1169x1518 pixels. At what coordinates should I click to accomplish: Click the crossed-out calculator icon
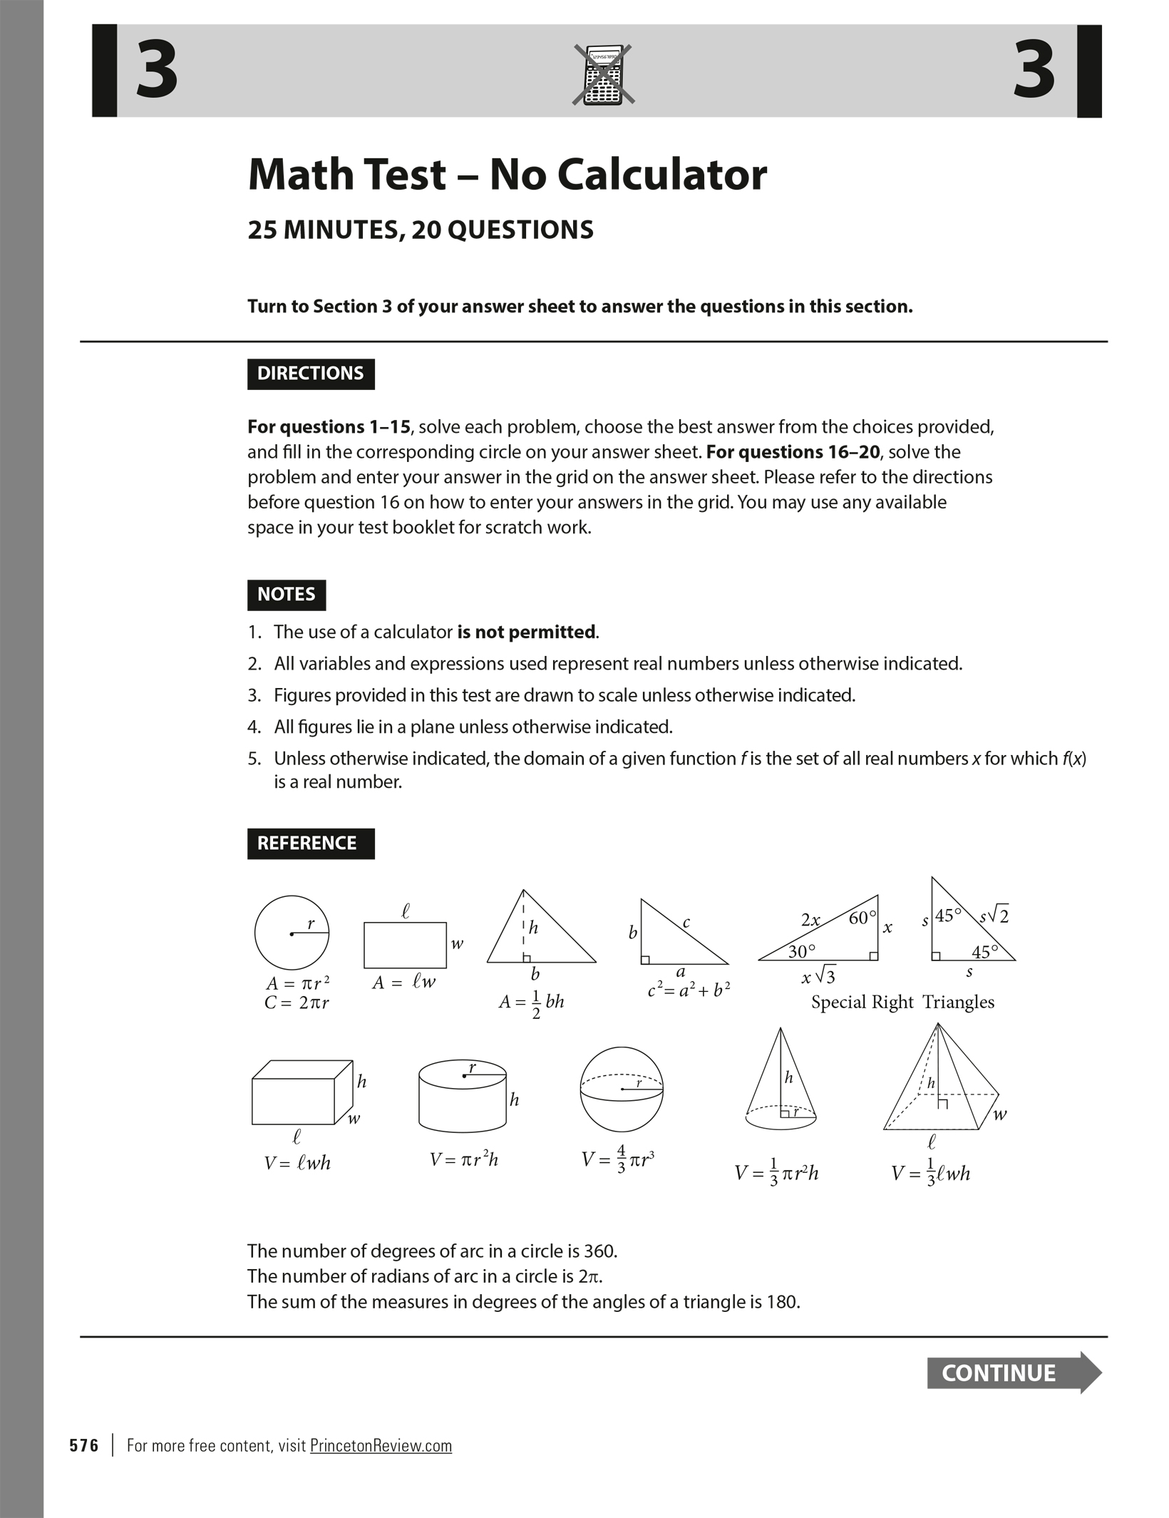pos(603,75)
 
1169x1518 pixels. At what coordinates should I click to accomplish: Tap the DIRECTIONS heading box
pos(311,374)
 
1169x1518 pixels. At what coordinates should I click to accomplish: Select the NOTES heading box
pos(287,595)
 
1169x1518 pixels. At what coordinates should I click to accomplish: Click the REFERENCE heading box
pos(311,843)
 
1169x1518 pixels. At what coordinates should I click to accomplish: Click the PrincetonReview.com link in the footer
pos(381,1445)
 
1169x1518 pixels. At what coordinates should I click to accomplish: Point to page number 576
pos(84,1445)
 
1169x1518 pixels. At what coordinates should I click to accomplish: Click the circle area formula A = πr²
pos(297,983)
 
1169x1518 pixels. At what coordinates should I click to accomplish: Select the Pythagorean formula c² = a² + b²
pos(689,989)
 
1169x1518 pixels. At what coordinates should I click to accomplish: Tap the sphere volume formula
pos(617,1159)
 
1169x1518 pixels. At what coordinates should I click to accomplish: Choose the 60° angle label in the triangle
pos(861,918)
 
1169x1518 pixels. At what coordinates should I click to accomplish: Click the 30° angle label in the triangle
pos(802,951)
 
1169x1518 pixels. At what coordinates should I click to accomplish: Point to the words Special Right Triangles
pos(902,1002)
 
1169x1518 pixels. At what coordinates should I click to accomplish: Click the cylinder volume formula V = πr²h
pos(463,1159)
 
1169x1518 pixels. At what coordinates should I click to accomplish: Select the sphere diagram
pos(622,1089)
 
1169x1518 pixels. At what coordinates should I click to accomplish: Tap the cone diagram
pos(781,1080)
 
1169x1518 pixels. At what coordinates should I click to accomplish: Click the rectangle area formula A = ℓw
pos(403,982)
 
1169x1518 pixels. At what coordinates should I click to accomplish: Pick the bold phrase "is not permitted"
pos(526,632)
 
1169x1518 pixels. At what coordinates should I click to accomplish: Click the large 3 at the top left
pos(157,70)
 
